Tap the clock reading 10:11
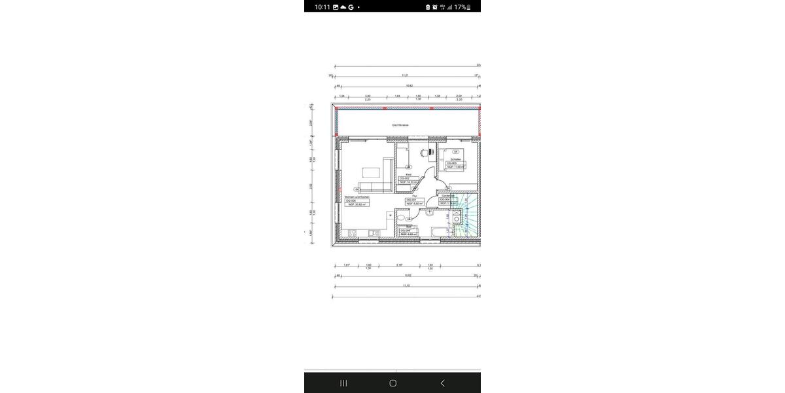coord(323,7)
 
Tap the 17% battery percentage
coord(460,7)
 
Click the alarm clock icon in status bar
coord(435,7)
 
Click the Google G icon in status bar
coord(351,7)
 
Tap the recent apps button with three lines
coord(343,383)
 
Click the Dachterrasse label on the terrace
coord(400,124)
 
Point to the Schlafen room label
coord(455,159)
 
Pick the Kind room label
coord(408,175)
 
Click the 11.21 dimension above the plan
coord(406,76)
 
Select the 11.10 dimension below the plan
coord(406,286)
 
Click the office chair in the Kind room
coord(423,152)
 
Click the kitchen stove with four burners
coord(352,233)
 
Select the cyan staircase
coord(468,216)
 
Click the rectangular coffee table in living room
coord(370,173)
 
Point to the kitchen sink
coord(374,233)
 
